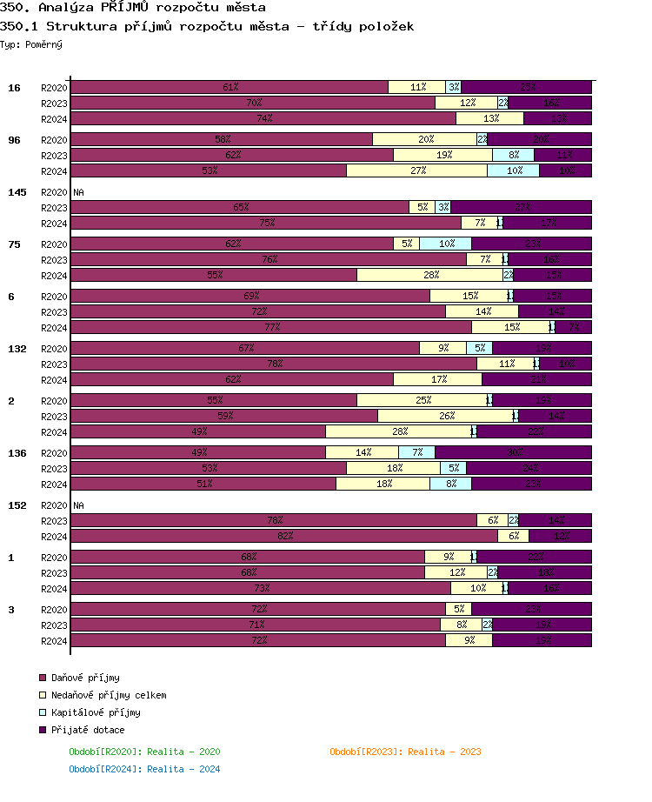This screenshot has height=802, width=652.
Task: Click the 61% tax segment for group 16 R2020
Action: (x=230, y=87)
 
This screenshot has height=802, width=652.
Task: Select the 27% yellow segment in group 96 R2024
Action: (x=417, y=170)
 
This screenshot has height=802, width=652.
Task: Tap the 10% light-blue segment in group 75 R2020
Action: (x=446, y=244)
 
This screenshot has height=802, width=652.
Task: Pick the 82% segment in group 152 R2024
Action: (x=284, y=536)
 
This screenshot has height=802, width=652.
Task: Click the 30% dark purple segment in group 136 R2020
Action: (x=514, y=452)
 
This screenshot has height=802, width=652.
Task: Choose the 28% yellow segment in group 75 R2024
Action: (x=429, y=275)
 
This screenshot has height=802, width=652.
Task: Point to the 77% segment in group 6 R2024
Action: (x=271, y=327)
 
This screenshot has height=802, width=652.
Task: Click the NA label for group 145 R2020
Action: (x=78, y=192)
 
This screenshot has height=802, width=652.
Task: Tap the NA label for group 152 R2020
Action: (x=78, y=505)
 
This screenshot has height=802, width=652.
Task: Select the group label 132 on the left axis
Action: (x=17, y=349)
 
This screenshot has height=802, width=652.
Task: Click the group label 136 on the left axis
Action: (x=17, y=453)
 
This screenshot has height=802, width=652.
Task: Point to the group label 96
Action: (x=15, y=140)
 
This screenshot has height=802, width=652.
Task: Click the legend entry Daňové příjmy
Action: (x=85, y=678)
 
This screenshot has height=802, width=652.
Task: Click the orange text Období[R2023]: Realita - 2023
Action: (x=405, y=752)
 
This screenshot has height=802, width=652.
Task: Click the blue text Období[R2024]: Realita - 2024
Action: (x=144, y=769)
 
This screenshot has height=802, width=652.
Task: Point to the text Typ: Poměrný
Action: (x=31, y=44)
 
